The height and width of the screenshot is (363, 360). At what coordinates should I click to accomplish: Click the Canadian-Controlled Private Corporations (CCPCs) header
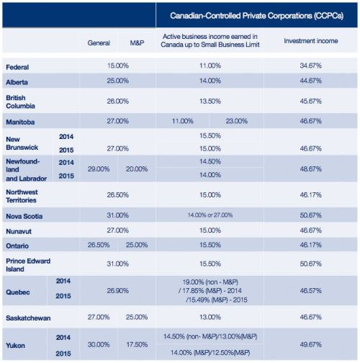point(257,16)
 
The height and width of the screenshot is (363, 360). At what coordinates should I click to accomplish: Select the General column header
point(99,43)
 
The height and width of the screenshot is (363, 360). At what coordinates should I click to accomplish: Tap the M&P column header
point(137,43)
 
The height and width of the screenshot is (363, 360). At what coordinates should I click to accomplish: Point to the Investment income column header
point(311,41)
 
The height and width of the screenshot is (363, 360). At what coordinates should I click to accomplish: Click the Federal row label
point(17,67)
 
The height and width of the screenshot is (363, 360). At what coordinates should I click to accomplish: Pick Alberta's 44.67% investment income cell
point(310,81)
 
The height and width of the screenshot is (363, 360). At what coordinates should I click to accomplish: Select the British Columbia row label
point(20,102)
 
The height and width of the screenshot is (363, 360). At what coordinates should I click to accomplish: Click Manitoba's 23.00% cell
point(237,121)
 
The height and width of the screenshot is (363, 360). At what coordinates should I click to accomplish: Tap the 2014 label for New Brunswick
point(66,137)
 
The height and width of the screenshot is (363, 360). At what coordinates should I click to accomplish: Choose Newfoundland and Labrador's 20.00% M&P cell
point(137,169)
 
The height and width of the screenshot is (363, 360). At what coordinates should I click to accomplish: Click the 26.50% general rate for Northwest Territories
point(118,194)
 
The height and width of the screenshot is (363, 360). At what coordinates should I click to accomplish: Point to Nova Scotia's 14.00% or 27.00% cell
point(210,215)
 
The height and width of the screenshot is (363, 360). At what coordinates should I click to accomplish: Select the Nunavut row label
point(19,231)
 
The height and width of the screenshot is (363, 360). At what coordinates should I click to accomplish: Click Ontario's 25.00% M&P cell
point(137,245)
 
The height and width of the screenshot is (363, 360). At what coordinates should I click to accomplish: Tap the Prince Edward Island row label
point(28,265)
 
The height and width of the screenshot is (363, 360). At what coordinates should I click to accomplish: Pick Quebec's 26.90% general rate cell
point(118,291)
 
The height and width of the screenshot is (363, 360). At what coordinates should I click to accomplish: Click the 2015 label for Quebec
point(63,296)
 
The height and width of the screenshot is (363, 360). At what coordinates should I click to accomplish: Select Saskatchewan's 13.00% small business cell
point(210,317)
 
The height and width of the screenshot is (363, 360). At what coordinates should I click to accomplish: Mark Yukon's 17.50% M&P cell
point(137,344)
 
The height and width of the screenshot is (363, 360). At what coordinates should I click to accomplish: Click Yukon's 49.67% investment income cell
point(310,344)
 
